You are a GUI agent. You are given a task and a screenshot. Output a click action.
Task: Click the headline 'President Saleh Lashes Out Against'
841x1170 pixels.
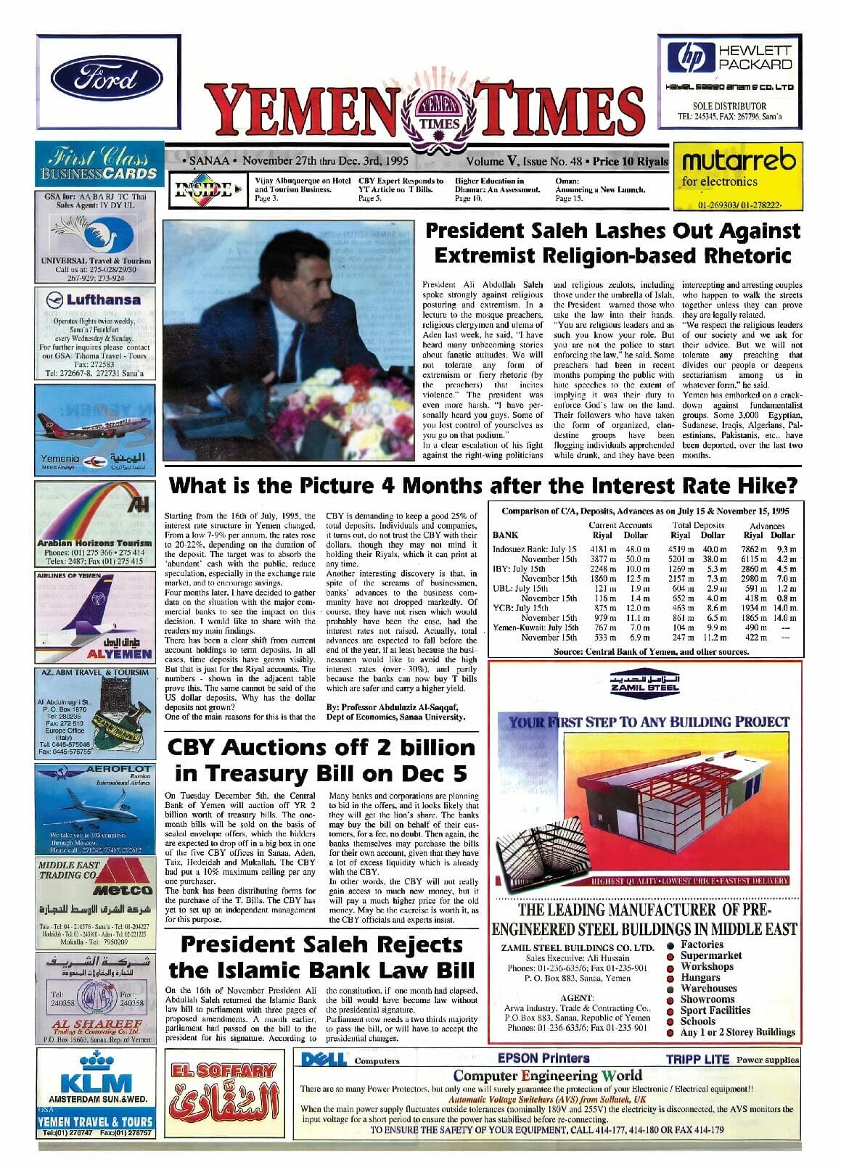pyautogui.click(x=612, y=231)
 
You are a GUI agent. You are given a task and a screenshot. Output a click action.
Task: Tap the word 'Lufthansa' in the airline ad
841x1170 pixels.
pyautogui.click(x=104, y=299)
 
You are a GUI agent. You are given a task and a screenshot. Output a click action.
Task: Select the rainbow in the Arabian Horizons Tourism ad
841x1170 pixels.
pyautogui.click(x=87, y=508)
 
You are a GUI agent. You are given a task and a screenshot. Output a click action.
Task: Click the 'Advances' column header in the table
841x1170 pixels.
pyautogui.click(x=767, y=526)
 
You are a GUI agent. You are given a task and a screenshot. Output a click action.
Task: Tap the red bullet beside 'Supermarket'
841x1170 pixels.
pyautogui.click(x=670, y=956)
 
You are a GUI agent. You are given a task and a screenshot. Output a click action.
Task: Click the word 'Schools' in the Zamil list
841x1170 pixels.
pyautogui.click(x=697, y=1021)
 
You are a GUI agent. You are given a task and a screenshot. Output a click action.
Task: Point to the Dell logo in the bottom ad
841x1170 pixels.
pyautogui.click(x=324, y=1060)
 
